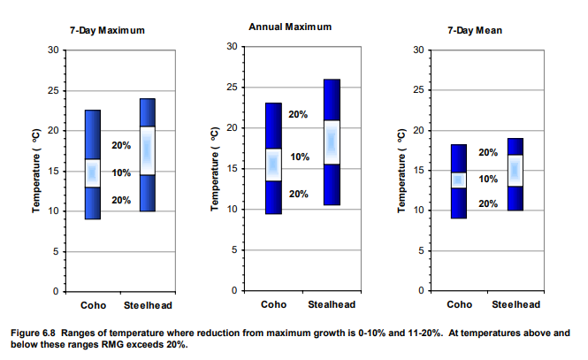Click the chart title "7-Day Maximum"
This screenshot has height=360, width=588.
pos(107,30)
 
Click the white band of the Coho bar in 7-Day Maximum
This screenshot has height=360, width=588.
pos(93,172)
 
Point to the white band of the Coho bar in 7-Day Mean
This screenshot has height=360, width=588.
pos(458,180)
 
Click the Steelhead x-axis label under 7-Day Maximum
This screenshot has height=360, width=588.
pos(147,305)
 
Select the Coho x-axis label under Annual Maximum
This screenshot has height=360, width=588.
pos(274,305)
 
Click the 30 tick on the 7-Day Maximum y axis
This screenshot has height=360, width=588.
pos(54,50)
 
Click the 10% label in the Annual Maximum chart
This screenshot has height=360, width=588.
pos(300,157)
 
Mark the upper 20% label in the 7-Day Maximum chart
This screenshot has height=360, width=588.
pos(120,145)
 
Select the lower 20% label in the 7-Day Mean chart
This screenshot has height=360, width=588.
pos(488,203)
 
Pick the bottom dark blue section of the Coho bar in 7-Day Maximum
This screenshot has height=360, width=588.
pos(93,203)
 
